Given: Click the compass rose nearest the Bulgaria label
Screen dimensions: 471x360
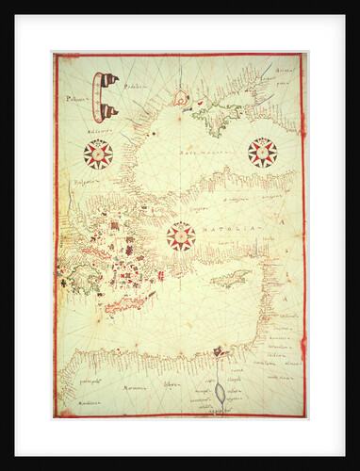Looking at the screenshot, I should click(98, 153).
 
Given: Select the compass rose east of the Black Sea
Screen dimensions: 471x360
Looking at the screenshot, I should click(262, 150).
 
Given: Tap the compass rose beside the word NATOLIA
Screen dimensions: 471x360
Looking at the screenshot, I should click(180, 235).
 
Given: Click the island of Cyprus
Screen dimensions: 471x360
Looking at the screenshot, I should click(231, 279).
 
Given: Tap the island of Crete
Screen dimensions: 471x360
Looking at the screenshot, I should click(131, 303).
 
